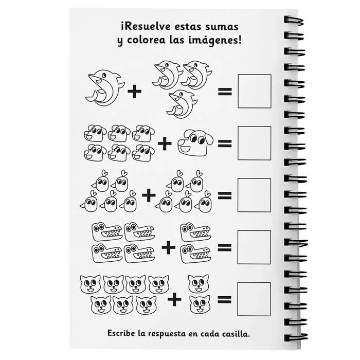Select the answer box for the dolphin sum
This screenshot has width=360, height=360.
click(x=254, y=92)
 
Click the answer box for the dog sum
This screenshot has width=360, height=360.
click(x=254, y=142)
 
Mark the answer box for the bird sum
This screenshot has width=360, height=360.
click(x=254, y=195)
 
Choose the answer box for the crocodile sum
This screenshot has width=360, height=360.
click(x=254, y=247)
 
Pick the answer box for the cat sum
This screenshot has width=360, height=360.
click(x=254, y=299)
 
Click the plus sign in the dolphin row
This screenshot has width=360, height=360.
click(x=134, y=92)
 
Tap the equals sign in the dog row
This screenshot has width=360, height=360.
click(x=225, y=143)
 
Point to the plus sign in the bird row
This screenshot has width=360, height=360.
click(x=148, y=195)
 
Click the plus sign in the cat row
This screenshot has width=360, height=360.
click(x=175, y=299)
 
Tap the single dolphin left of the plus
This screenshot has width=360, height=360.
click(x=103, y=88)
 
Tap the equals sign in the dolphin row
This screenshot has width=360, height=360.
click(x=225, y=93)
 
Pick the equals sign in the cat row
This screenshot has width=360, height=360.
click(x=225, y=299)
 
